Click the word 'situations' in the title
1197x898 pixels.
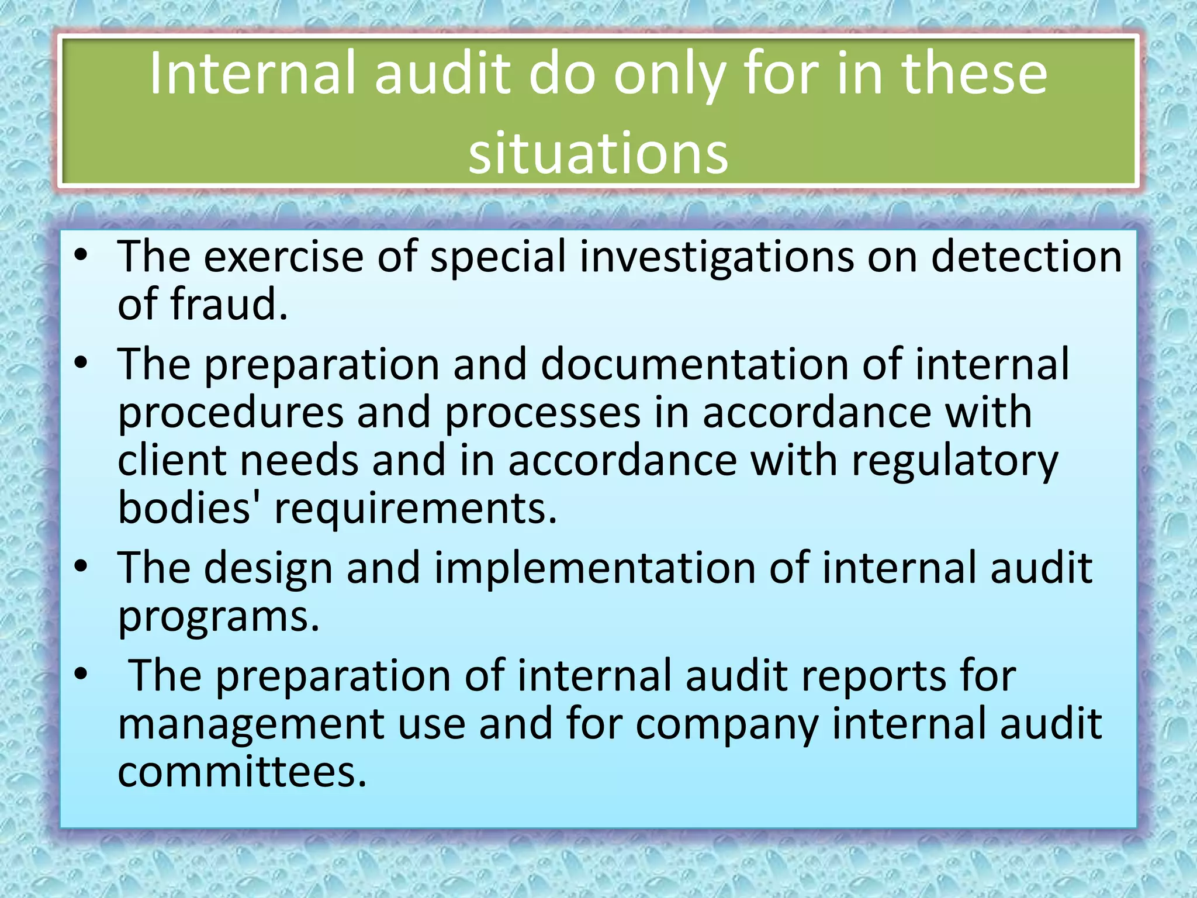tap(598, 153)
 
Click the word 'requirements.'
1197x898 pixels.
tap(416, 507)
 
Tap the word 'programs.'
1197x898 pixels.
tap(219, 616)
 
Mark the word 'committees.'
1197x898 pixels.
tap(242, 772)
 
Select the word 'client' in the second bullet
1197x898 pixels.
tap(172, 461)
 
